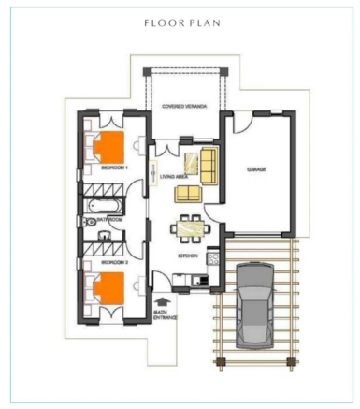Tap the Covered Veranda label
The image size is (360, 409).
coord(184,107)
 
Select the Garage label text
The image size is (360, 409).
coord(256,169)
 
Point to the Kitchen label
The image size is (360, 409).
coord(187,255)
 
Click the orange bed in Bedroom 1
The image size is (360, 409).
coord(113,147)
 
